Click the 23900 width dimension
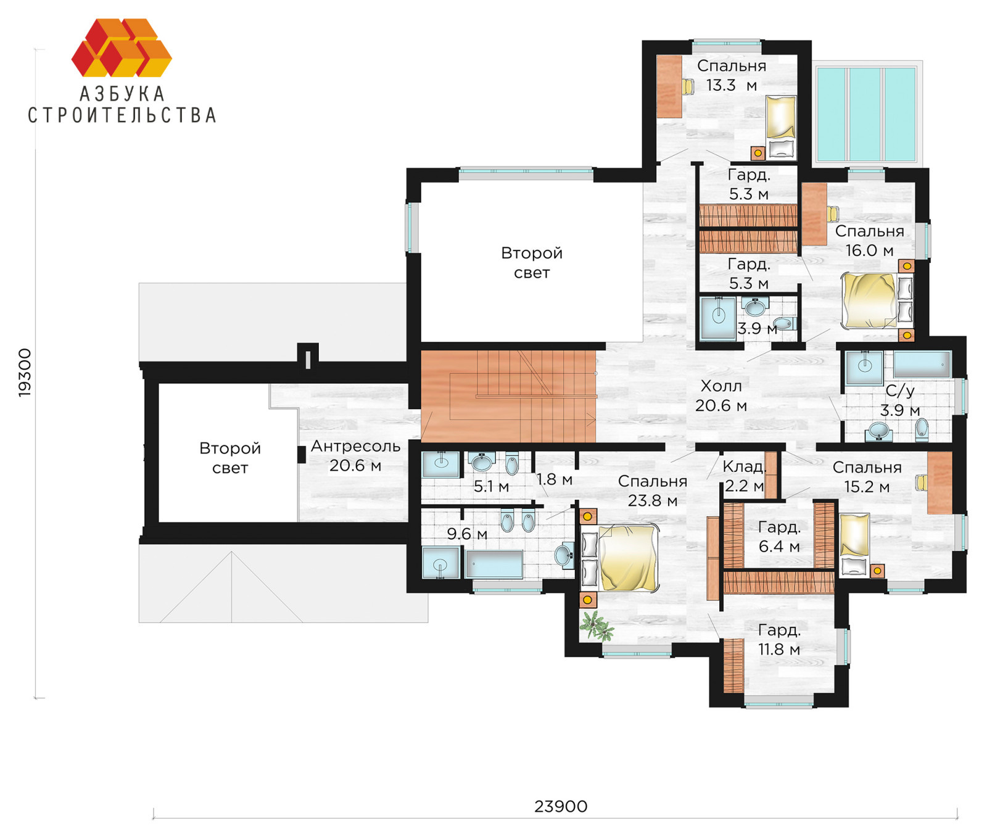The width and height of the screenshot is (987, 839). [561, 806]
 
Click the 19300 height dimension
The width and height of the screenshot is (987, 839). [25, 373]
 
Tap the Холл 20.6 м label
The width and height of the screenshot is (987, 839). [721, 396]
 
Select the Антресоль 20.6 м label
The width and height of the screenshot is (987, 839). [355, 456]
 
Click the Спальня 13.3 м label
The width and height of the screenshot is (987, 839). [732, 75]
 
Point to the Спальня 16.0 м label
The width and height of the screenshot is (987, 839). [869, 241]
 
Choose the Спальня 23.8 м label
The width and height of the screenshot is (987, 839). [653, 491]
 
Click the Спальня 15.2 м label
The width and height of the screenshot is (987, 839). [867, 477]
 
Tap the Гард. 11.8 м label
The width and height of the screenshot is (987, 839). [779, 640]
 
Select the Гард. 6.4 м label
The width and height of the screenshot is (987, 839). [779, 537]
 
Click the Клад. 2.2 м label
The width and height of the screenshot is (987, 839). [744, 476]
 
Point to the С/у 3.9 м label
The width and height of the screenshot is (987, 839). [900, 400]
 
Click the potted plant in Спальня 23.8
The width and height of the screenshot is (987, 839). [597, 626]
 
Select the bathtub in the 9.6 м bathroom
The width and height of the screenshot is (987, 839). [494, 564]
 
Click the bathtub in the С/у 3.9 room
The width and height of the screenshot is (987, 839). [922, 365]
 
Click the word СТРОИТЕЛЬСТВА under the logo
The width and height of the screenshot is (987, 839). [122, 115]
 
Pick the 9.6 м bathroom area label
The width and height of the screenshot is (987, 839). [467, 534]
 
